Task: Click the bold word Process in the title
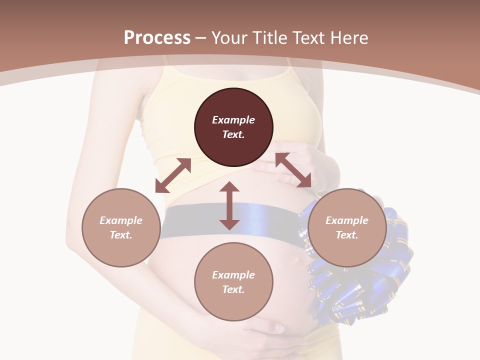pos(157,38)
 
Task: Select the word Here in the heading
pos(349,38)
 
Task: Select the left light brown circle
pos(121,227)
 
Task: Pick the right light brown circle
pos(347,227)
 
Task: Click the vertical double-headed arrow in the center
pos(229,205)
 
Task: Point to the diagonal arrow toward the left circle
pos(173,175)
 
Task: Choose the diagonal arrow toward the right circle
pos(293,170)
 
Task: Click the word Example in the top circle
pos(233,120)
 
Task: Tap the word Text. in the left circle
pos(121,235)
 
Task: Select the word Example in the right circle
pos(347,220)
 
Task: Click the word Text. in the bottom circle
pos(233,289)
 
